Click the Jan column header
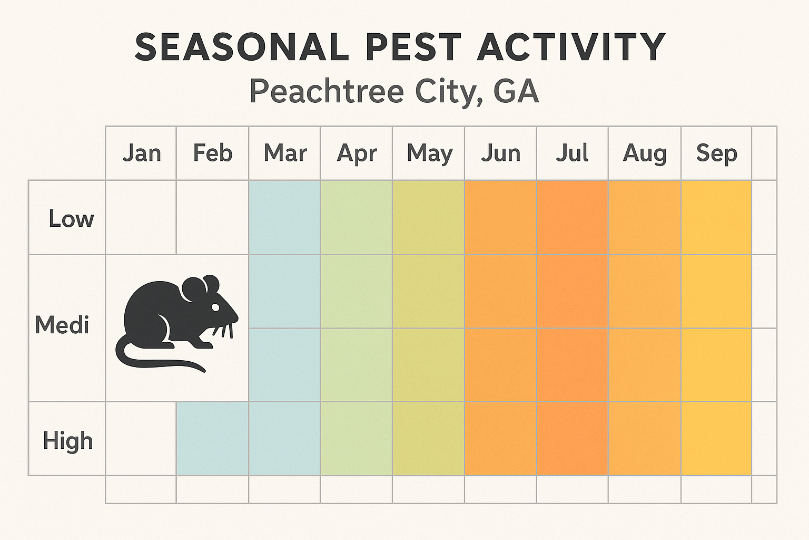click(141, 153)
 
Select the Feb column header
click(212, 153)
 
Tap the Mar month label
click(285, 153)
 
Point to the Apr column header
click(357, 154)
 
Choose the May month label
click(429, 154)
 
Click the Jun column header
click(500, 153)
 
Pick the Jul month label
click(572, 153)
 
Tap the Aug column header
click(645, 154)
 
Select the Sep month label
click(716, 153)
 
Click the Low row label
click(71, 219)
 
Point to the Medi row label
click(62, 325)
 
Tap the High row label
click(67, 441)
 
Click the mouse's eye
click(215, 307)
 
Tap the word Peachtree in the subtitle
click(326, 91)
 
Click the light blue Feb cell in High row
click(212, 439)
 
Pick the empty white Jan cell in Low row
click(141, 217)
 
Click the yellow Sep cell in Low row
click(716, 217)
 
